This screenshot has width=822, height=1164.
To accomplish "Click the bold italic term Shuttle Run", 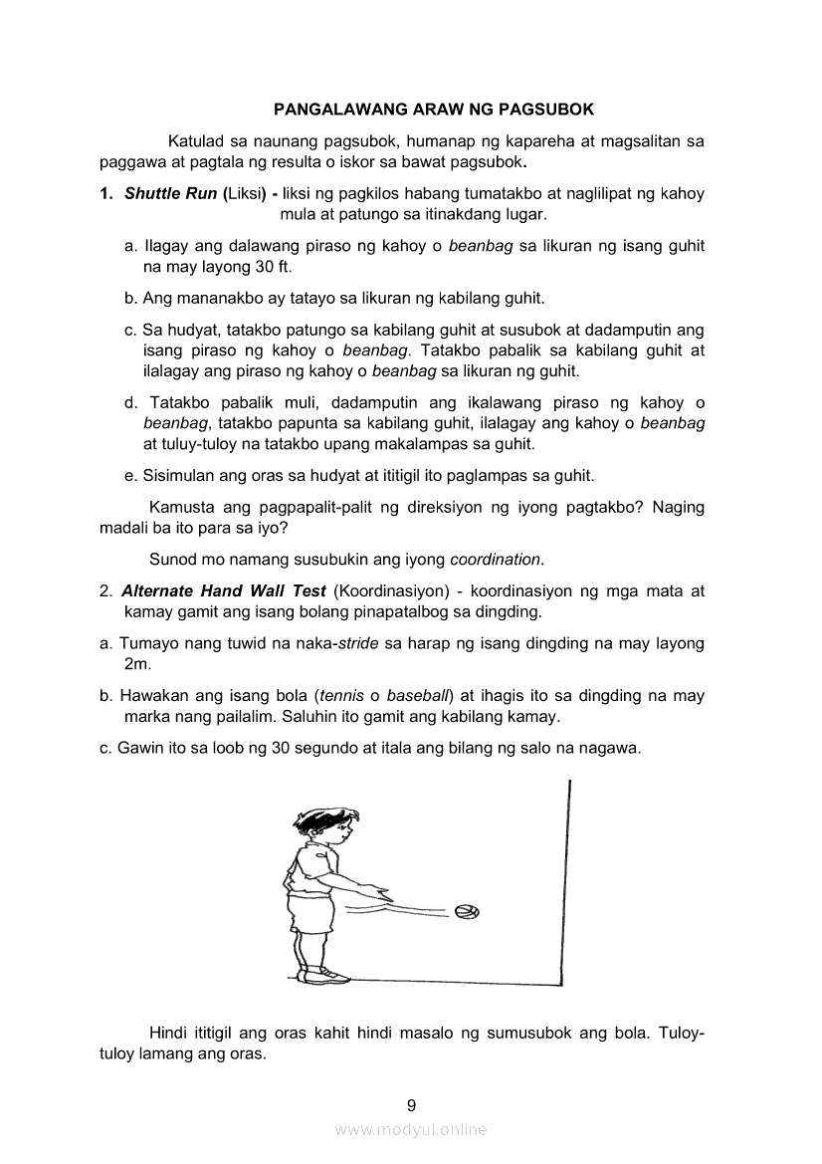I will [x=170, y=193].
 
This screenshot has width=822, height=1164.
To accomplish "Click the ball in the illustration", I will [x=467, y=911].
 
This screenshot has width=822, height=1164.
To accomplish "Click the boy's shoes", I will [x=324, y=973].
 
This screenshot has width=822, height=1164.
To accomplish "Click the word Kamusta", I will [x=180, y=507].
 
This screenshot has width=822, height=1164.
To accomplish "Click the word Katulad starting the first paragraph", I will [x=198, y=140].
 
